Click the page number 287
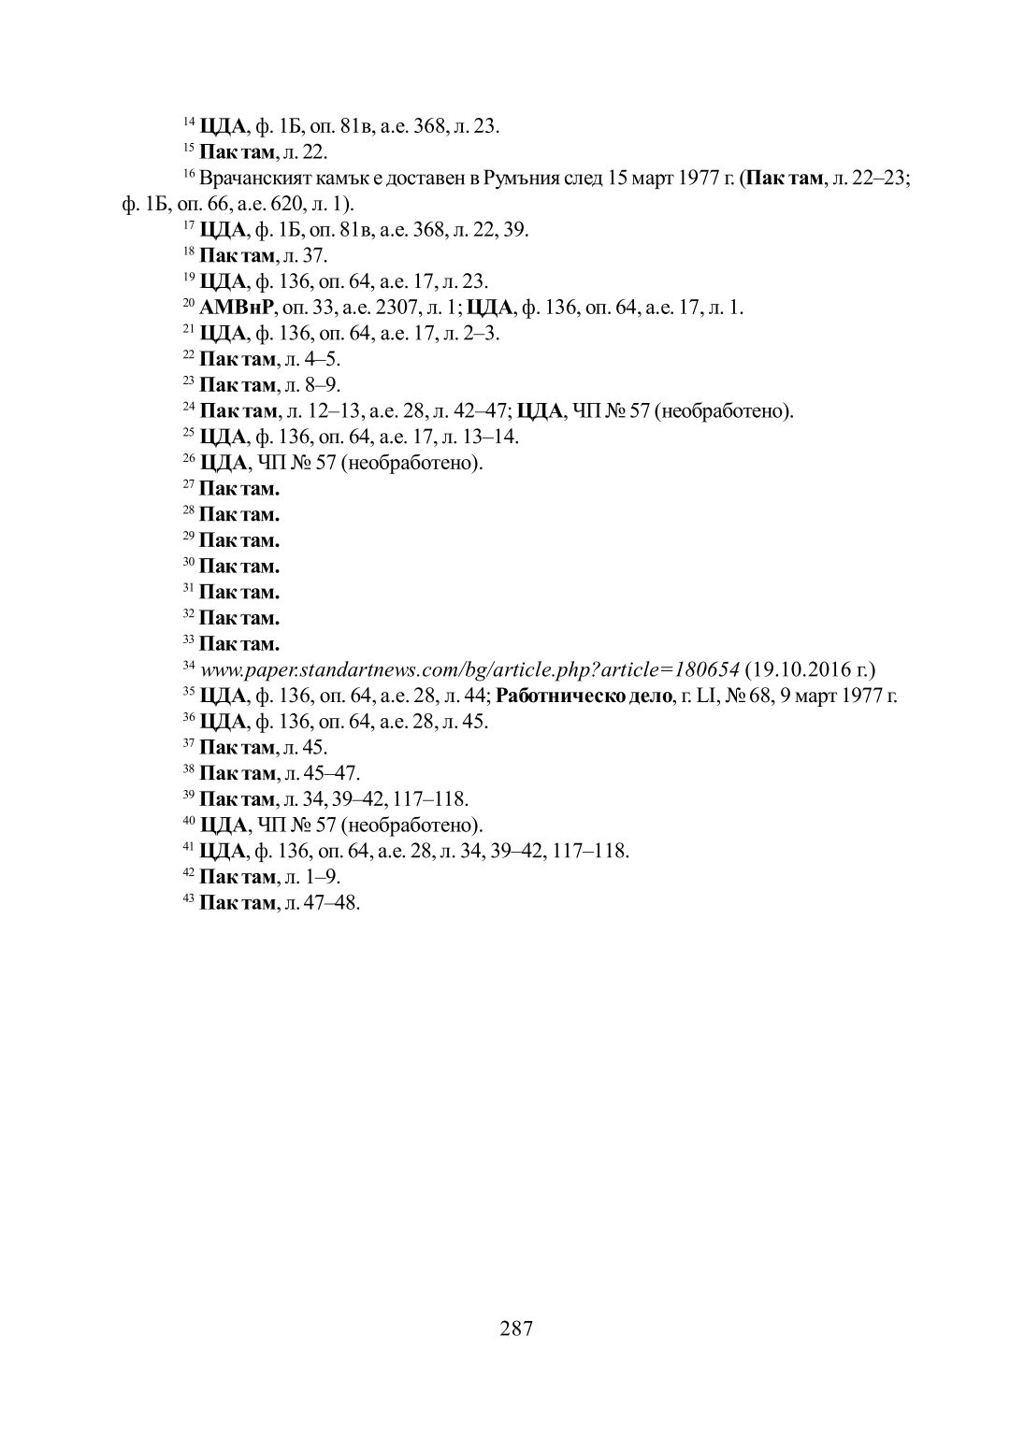point(516,1328)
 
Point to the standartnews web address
point(470,669)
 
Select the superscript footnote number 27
point(188,484)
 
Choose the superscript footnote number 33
point(188,639)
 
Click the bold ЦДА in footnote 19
point(223,281)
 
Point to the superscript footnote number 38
point(188,769)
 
